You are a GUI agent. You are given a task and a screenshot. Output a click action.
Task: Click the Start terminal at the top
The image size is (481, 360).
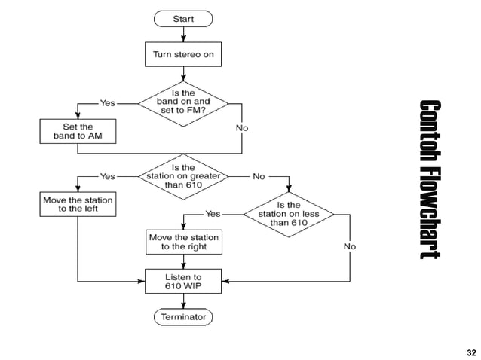click(x=183, y=17)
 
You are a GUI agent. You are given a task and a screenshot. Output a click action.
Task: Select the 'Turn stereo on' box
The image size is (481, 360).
click(x=183, y=54)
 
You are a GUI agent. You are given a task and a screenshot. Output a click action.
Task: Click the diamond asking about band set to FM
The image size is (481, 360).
click(x=183, y=103)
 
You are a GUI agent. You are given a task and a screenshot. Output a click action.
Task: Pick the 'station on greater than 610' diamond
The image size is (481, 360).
click(x=183, y=177)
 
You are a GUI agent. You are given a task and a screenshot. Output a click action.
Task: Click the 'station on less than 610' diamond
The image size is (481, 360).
click(x=289, y=214)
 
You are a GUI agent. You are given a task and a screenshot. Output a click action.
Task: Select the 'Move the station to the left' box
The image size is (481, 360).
click(x=78, y=205)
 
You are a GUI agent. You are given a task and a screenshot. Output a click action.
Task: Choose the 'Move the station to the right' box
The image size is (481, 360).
click(x=183, y=242)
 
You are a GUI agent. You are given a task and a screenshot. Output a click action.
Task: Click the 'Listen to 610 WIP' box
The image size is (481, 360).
click(x=183, y=282)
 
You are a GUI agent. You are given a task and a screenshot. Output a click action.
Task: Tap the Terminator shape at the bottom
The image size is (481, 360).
click(x=183, y=317)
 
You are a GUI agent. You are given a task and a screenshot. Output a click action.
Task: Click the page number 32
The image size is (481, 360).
click(x=471, y=352)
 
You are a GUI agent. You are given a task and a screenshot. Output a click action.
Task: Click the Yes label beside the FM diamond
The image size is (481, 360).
click(x=108, y=103)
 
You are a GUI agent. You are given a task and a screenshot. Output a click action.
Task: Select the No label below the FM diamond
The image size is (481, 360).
click(x=241, y=128)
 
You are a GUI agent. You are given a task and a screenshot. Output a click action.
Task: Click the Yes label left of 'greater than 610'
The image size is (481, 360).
click(x=108, y=177)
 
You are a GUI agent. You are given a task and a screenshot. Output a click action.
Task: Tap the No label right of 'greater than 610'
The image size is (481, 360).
click(x=259, y=177)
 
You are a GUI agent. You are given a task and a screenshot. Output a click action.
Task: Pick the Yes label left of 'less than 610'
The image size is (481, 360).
click(x=213, y=214)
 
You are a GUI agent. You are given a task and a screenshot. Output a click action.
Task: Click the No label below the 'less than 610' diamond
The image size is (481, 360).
click(x=350, y=246)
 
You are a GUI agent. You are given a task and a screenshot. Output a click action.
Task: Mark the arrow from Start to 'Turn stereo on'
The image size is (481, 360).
click(x=183, y=34)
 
